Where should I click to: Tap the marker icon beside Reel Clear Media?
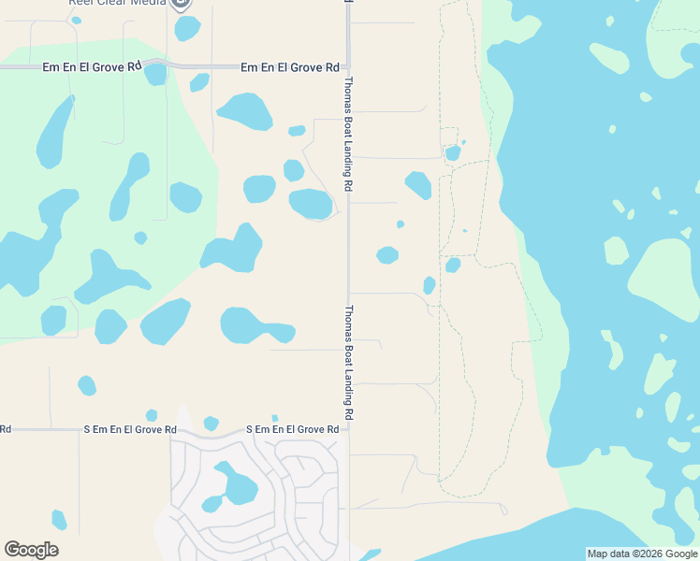pyautogui.click(x=182, y=3)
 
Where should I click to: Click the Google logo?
pyautogui.click(x=31, y=550)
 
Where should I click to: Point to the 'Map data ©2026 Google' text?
pyautogui.click(x=643, y=554)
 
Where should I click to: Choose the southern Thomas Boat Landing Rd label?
pyautogui.click(x=349, y=362)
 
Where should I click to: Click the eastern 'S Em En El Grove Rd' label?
pyautogui.click(x=292, y=429)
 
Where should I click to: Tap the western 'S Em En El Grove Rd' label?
pyautogui.click(x=130, y=429)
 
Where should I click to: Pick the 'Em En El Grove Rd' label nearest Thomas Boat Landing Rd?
pyautogui.click(x=289, y=67)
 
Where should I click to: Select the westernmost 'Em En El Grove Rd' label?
pyautogui.click(x=92, y=67)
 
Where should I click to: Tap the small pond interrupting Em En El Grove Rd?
pyautogui.click(x=155, y=74)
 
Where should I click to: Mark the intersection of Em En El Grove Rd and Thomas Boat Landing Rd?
pyautogui.click(x=347, y=67)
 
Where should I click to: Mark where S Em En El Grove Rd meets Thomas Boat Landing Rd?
pyautogui.click(x=348, y=429)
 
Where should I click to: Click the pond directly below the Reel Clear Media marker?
pyautogui.click(x=187, y=28)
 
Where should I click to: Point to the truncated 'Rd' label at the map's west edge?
pyautogui.click(x=5, y=429)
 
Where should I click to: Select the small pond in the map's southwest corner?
pyautogui.click(x=59, y=520)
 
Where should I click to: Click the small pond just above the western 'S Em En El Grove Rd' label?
pyautogui.click(x=151, y=415)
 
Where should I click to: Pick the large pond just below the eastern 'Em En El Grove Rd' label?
pyautogui.click(x=245, y=111)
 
